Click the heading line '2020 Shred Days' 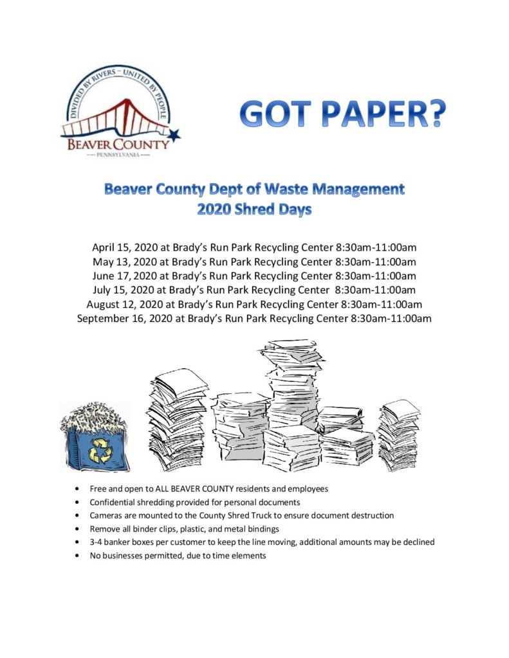pyautogui.click(x=254, y=209)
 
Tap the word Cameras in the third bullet pyautogui.click(x=106, y=515)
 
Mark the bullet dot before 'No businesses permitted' pyautogui.click(x=78, y=556)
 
